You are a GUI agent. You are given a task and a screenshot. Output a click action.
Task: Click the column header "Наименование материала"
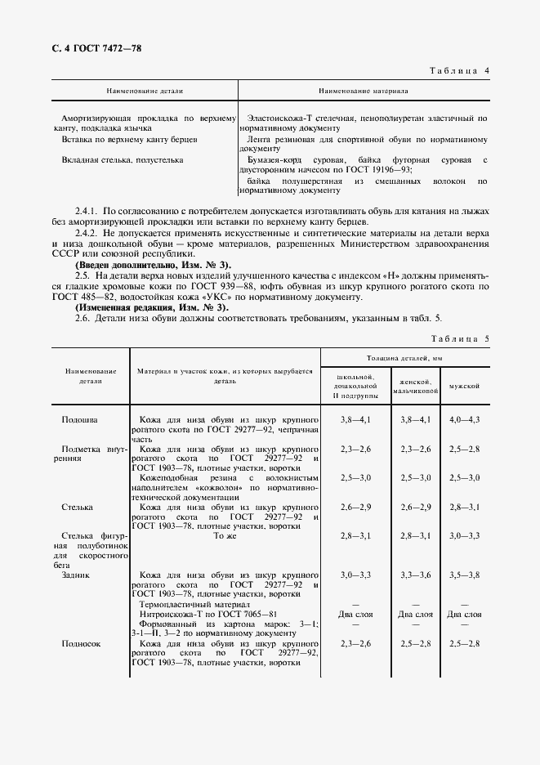coord(364,92)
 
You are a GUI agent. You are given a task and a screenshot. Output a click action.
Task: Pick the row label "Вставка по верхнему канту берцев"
coord(130,140)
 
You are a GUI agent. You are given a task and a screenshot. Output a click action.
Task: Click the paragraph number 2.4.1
coord(87,212)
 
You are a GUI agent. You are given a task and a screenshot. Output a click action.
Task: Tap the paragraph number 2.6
coord(84,318)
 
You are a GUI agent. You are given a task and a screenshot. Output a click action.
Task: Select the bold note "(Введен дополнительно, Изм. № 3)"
coord(153,265)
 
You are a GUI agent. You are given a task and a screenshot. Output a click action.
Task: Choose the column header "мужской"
coord(465,385)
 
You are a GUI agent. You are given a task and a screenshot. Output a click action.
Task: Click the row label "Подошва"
coord(80,419)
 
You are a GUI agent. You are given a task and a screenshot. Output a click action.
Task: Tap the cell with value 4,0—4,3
coord(465,419)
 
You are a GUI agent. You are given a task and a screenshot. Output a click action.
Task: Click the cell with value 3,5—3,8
coord(465,575)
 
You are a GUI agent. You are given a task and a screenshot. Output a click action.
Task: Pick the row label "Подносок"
coord(81,643)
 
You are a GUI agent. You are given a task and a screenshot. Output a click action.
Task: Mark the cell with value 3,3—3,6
coord(414,575)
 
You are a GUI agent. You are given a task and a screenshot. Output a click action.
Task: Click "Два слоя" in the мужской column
coord(465,614)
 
